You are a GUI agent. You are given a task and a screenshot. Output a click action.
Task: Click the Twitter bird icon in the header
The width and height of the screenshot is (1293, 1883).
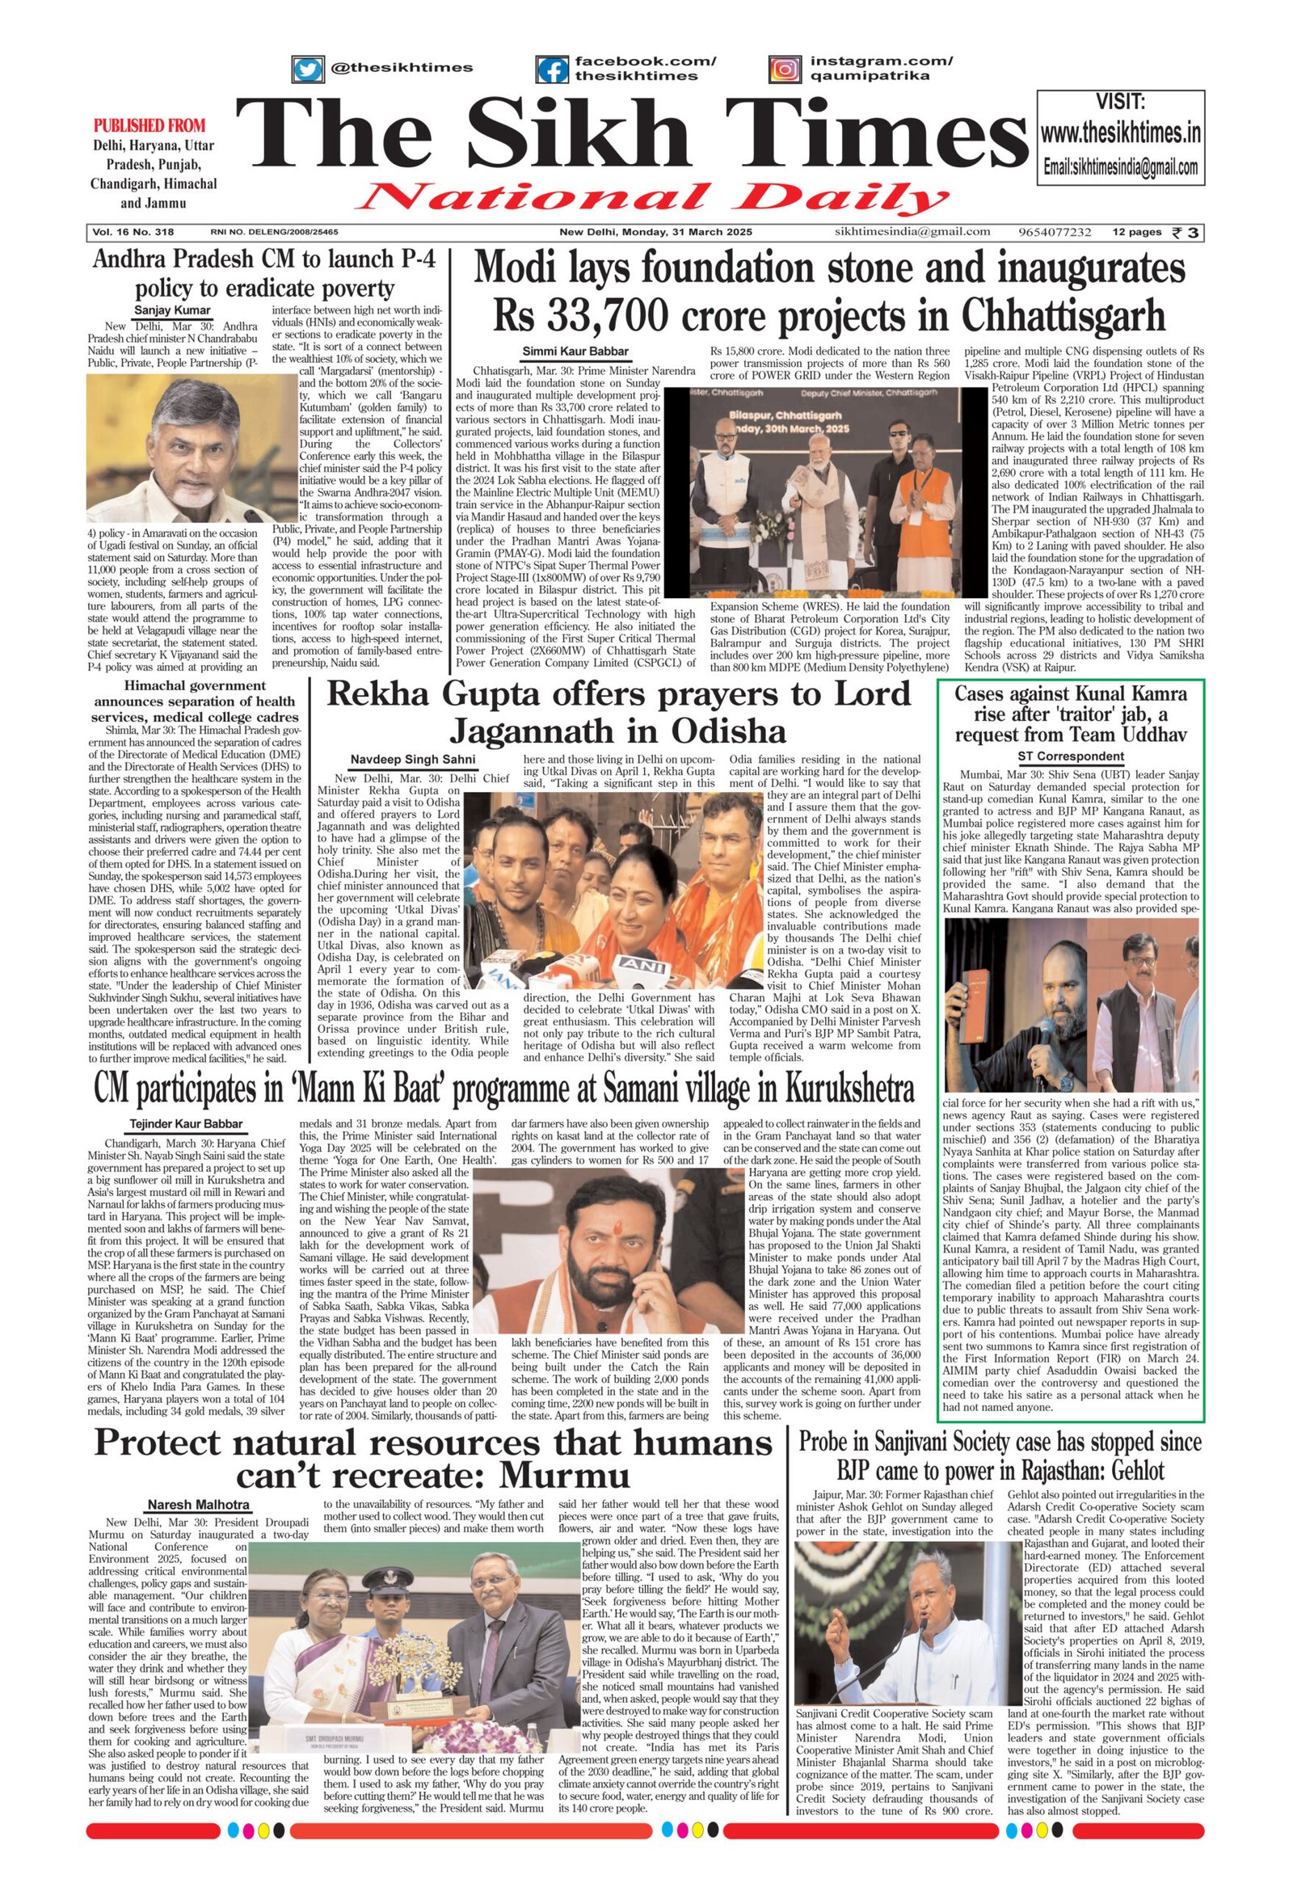coord(307,69)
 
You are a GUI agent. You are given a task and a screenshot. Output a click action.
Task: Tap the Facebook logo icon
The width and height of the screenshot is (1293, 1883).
coord(553,70)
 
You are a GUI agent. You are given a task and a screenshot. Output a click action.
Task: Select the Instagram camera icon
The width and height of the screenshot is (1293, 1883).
coord(784,70)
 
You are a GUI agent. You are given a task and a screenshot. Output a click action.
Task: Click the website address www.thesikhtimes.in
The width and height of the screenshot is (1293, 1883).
coord(1120,133)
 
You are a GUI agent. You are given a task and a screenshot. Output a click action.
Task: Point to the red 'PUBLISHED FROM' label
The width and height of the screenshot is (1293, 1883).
coord(150,125)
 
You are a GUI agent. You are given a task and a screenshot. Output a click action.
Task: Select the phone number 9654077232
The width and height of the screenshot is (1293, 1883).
coord(1056,233)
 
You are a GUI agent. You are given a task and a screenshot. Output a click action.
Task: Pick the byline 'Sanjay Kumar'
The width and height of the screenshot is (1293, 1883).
coord(172,310)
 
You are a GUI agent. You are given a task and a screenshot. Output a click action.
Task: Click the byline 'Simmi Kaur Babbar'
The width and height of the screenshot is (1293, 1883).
coord(575,351)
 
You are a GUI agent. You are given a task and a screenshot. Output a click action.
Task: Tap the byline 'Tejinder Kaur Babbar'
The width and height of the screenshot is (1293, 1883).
coord(186,1124)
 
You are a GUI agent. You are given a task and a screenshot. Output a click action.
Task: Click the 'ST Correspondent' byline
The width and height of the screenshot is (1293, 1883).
coord(1071,756)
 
